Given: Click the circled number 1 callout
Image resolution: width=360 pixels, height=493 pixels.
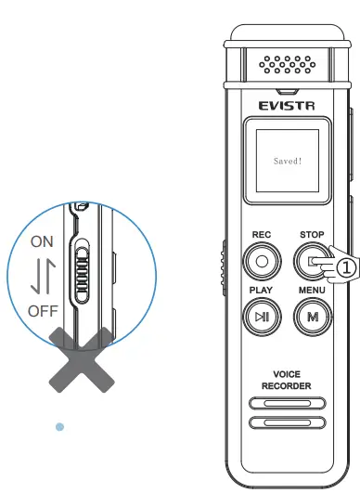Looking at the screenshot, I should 345,267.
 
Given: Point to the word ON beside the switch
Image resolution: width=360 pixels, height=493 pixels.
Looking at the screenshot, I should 43,241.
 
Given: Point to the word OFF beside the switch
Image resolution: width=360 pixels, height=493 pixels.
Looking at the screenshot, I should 44,311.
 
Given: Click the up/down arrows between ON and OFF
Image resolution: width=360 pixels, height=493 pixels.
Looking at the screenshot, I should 43,276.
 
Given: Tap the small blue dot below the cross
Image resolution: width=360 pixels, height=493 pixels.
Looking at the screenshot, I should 59,426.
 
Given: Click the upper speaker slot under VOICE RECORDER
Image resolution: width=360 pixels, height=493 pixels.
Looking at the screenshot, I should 286,404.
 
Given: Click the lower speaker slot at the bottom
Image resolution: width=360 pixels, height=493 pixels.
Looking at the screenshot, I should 286,422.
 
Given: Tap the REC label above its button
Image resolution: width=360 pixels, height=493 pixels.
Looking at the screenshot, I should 261,236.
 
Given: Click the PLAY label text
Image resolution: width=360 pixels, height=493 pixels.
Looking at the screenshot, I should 261,291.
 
